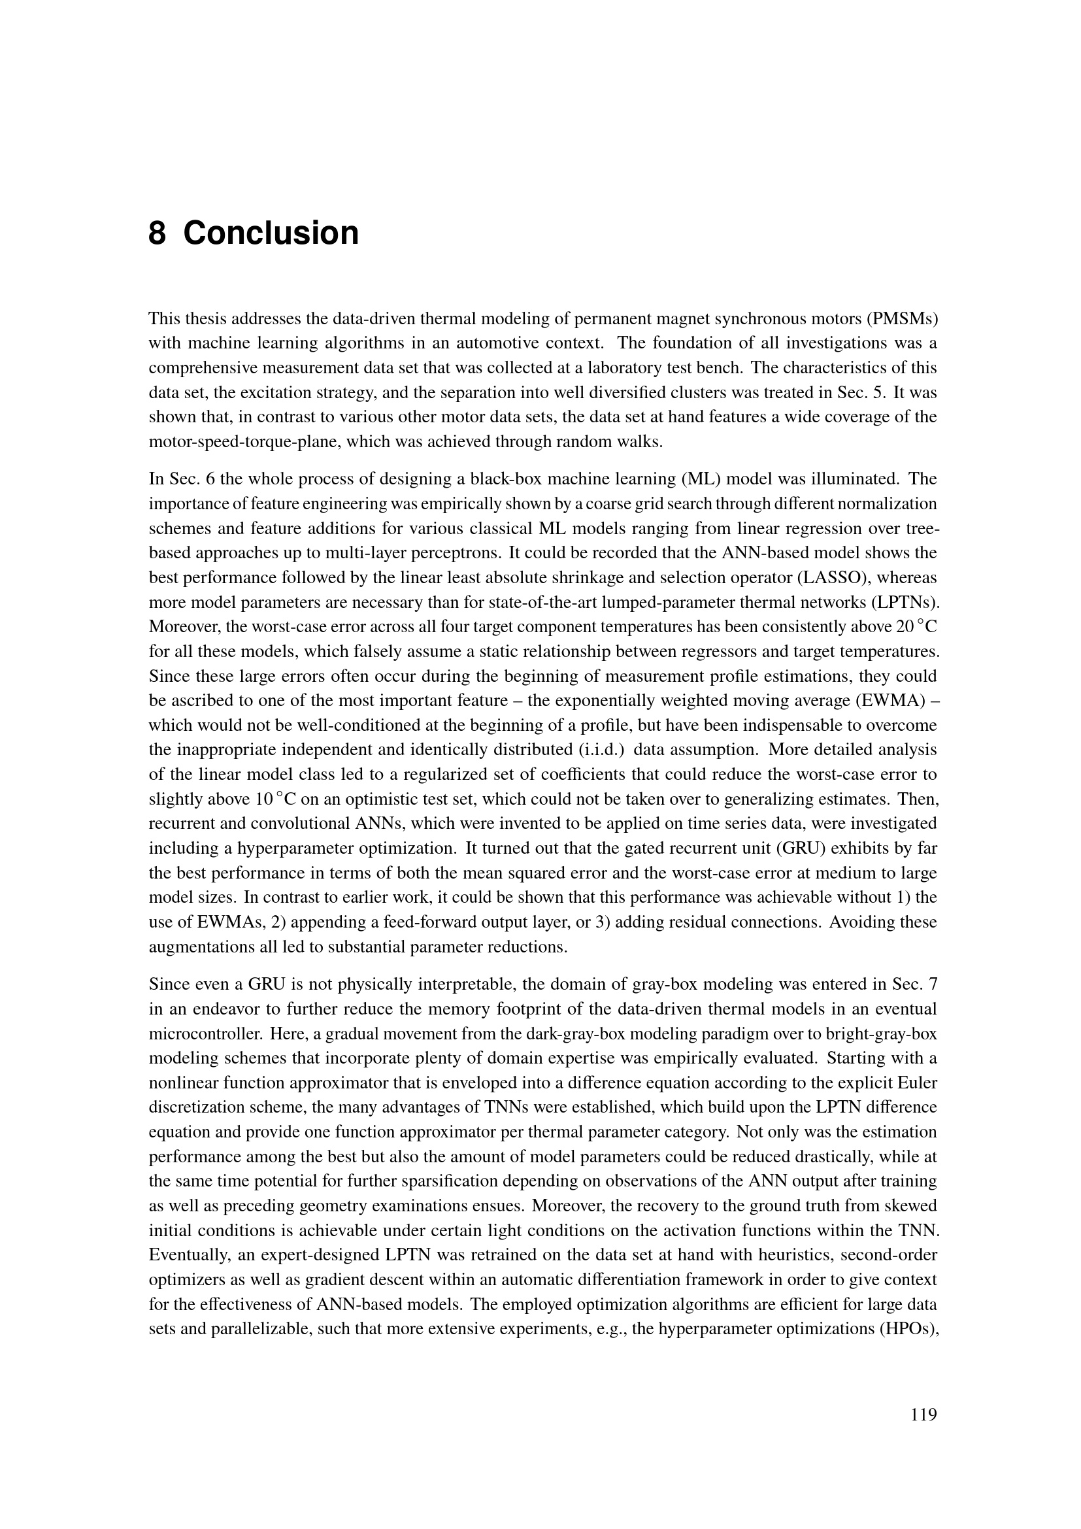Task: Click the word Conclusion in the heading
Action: (271, 234)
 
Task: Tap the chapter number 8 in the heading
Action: (157, 234)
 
